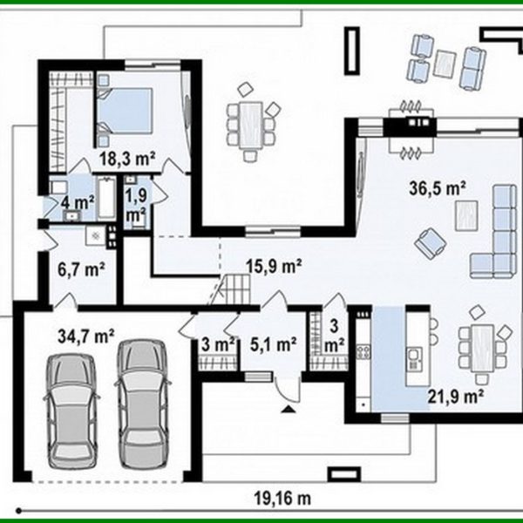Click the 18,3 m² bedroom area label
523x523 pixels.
(x=127, y=159)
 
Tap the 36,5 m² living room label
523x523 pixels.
(x=438, y=188)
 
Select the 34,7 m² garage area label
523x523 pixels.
(x=86, y=336)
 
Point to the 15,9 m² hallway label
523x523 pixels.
(x=275, y=266)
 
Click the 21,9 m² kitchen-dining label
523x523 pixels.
(x=456, y=397)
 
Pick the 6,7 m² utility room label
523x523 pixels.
(x=81, y=269)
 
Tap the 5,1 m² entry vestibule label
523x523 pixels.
(x=273, y=344)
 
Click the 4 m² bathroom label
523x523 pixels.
(x=78, y=203)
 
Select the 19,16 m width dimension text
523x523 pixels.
(x=282, y=499)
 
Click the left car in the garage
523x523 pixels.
(x=71, y=411)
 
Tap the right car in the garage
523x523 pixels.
(x=142, y=404)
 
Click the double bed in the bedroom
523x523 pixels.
(x=125, y=111)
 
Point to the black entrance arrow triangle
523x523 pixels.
(x=287, y=410)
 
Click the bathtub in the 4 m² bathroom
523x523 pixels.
(x=106, y=198)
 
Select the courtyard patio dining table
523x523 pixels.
(x=252, y=125)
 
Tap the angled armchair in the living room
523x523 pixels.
(x=431, y=243)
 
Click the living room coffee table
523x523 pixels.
(x=466, y=215)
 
